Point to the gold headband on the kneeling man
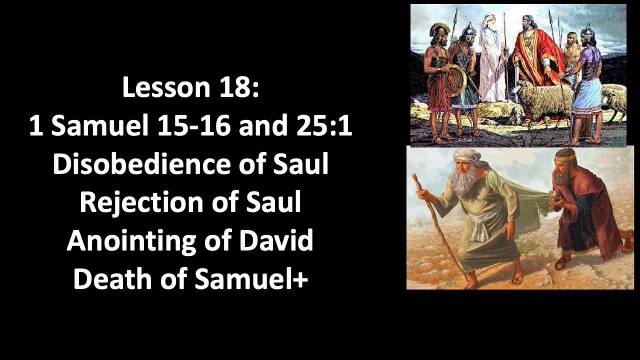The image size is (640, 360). pyautogui.click(x=566, y=156)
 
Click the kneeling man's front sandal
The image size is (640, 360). pyautogui.click(x=563, y=261)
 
